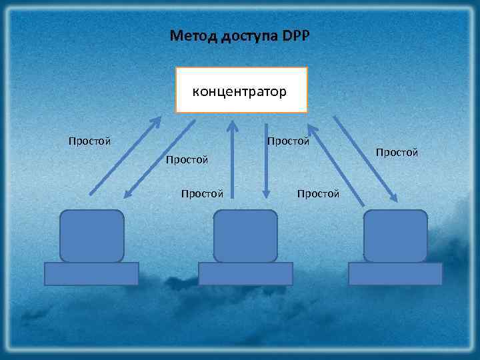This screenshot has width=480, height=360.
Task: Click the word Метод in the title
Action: pyautogui.click(x=190, y=35)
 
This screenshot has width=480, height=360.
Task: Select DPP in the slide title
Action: pyautogui.click(x=296, y=35)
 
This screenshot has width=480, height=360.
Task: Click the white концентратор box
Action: pyautogui.click(x=241, y=90)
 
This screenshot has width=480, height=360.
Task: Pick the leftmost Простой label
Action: pyautogui.click(x=89, y=141)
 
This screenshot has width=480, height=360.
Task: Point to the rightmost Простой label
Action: pyautogui.click(x=397, y=153)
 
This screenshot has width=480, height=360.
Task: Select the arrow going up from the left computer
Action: pyautogui.click(x=125, y=156)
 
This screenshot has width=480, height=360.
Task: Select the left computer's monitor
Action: pyautogui.click(x=91, y=236)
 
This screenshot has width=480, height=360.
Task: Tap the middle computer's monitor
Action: pyautogui.click(x=245, y=236)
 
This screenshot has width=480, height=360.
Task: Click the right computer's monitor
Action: pyautogui.click(x=395, y=236)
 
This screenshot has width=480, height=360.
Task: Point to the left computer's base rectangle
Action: pyautogui.click(x=91, y=273)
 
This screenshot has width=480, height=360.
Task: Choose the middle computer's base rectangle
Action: pyautogui.click(x=246, y=273)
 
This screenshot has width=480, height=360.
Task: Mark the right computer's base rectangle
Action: pyautogui.click(x=395, y=273)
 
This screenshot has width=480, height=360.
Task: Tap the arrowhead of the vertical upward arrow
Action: pyautogui.click(x=232, y=125)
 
